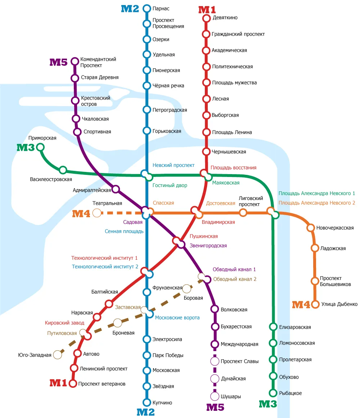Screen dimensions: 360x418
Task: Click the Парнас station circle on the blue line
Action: (147, 9)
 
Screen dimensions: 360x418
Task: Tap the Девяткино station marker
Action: (206, 18)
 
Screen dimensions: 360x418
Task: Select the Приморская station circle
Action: (40, 147)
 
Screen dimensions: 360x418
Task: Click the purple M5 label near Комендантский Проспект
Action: (58, 62)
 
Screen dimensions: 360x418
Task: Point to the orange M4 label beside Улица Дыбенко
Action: (301, 304)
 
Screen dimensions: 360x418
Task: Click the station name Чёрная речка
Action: (168, 86)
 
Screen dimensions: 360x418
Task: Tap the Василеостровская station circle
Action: (63, 170)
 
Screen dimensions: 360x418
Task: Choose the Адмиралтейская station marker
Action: (116, 189)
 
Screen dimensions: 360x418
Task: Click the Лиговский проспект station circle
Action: (243, 213)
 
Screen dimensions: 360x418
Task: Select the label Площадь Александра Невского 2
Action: (317, 203)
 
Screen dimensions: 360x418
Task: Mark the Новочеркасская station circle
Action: (310, 228)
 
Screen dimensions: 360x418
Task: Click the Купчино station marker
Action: (147, 402)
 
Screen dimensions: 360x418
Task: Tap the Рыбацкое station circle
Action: (273, 393)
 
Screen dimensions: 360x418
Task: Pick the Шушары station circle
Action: (215, 396)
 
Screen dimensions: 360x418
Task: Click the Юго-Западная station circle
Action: (57, 355)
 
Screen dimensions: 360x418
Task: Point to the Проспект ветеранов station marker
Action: (73, 383)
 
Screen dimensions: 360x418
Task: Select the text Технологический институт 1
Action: (104, 258)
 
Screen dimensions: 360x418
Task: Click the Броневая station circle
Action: (117, 323)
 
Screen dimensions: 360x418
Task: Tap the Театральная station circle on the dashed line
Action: (97, 213)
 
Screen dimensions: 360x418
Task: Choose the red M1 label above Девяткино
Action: (207, 10)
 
